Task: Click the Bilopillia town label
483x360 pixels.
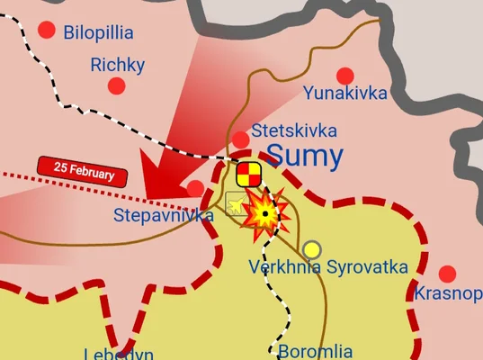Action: [x=98, y=33]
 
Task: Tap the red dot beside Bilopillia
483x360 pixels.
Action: [x=47, y=30]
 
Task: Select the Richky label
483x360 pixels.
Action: [x=117, y=65]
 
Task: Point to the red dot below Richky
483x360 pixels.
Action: [x=116, y=85]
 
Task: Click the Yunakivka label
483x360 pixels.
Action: [x=345, y=94]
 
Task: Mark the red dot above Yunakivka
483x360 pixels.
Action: [x=344, y=76]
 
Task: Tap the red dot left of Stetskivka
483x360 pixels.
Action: [x=241, y=139]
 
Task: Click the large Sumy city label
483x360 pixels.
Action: [x=305, y=156]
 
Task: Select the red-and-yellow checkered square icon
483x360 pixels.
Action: [x=249, y=175]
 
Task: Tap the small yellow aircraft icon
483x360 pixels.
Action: [x=236, y=204]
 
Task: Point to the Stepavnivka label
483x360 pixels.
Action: [x=163, y=216]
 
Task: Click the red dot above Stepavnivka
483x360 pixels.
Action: [x=196, y=188]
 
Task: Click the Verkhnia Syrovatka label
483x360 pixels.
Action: [x=327, y=267]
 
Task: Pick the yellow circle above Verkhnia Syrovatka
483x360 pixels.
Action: [x=311, y=249]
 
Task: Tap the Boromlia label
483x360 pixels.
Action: [x=315, y=351]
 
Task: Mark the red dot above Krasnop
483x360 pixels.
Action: [x=446, y=274]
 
